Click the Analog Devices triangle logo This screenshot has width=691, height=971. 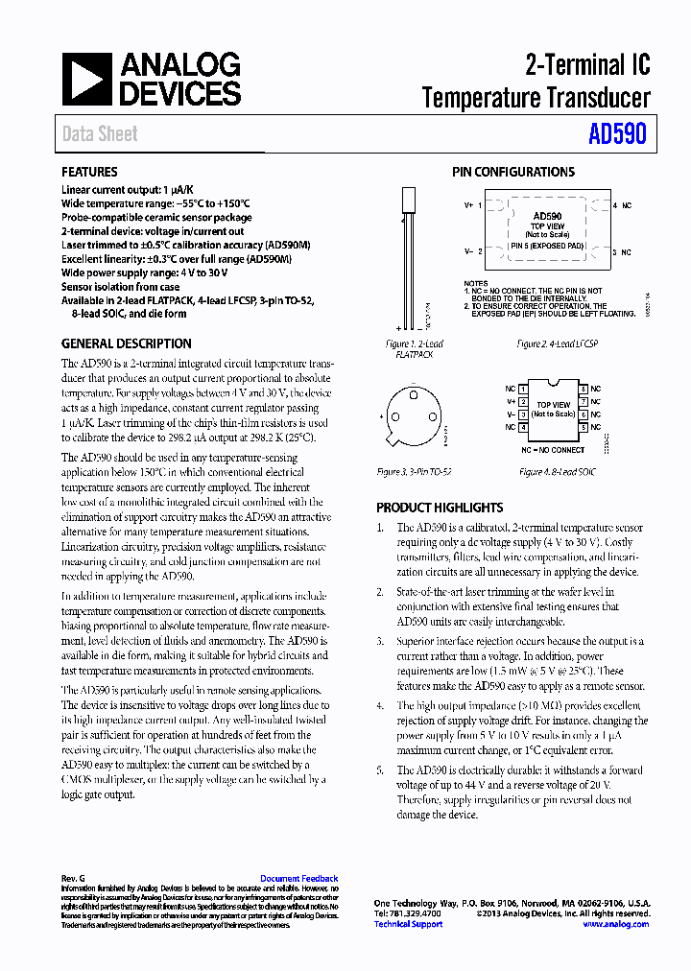(x=87, y=80)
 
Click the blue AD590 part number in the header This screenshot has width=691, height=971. (x=617, y=134)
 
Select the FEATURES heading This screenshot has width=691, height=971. (x=89, y=172)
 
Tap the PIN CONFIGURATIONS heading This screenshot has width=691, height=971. (x=513, y=172)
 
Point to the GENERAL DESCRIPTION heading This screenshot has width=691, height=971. (x=126, y=343)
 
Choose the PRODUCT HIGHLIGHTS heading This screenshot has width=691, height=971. (x=440, y=508)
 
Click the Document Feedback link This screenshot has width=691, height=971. (x=299, y=879)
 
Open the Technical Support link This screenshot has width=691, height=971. (x=408, y=924)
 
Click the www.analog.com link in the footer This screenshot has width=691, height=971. (x=615, y=924)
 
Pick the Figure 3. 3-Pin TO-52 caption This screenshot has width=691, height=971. (x=415, y=472)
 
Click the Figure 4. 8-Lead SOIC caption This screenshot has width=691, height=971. (x=557, y=472)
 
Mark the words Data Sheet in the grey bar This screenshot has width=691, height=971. (x=100, y=134)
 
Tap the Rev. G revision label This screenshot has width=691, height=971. (x=73, y=879)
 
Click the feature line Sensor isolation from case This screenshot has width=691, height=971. (x=120, y=287)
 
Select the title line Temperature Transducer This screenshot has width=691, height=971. (x=536, y=97)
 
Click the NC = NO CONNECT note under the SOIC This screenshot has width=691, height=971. (x=553, y=450)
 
